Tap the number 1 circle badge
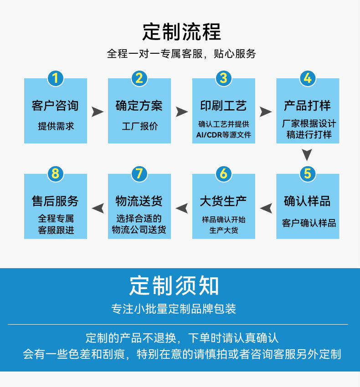[x=55, y=78]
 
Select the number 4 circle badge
[x=308, y=78]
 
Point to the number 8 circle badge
[x=55, y=173]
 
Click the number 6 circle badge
[x=223, y=173]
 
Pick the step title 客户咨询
[x=55, y=106]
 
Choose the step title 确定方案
[x=139, y=106]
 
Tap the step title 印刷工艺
[x=223, y=106]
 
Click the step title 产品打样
[x=308, y=106]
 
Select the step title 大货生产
[x=223, y=201]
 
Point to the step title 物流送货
[x=139, y=201]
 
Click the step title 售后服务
[x=55, y=201]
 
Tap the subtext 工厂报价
[x=139, y=127]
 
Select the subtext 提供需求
[x=55, y=127]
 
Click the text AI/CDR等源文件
[x=223, y=135]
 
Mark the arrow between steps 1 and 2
[x=98, y=112]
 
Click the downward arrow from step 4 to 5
[x=308, y=155]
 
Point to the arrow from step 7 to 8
[x=98, y=208]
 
